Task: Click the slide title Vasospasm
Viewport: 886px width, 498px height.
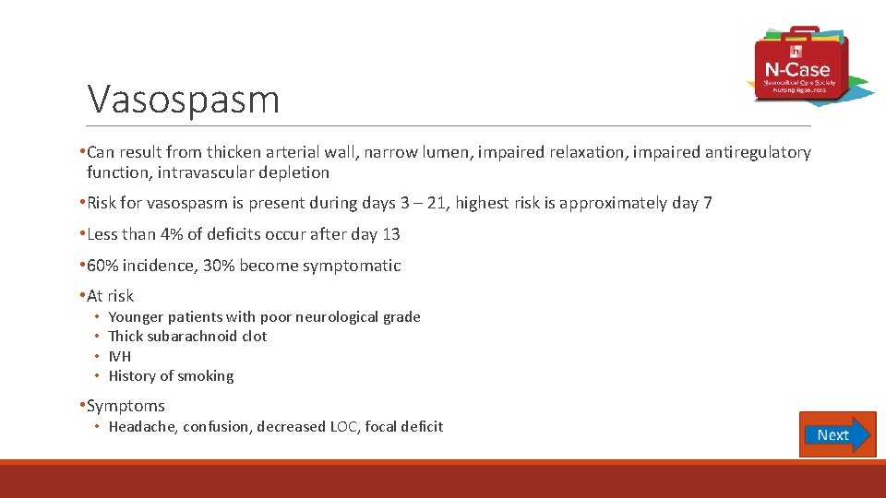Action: pos(183,99)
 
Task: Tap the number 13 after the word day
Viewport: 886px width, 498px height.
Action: pos(390,234)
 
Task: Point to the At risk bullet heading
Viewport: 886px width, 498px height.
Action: pos(110,296)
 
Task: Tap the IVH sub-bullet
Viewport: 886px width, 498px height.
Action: pos(120,356)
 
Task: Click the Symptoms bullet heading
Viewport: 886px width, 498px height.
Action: pos(126,406)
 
